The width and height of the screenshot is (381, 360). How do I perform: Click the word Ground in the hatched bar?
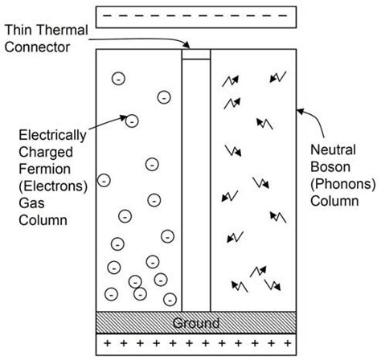click(196, 323)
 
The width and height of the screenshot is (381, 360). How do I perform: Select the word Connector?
click(37, 47)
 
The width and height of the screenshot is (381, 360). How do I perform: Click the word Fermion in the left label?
click(45, 169)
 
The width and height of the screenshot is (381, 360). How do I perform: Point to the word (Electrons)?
click(53, 186)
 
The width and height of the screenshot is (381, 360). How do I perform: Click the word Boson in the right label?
click(330, 167)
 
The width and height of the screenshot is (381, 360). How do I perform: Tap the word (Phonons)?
click(343, 184)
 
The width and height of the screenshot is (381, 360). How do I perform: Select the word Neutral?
click(333, 149)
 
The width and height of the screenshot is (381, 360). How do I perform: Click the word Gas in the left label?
click(31, 203)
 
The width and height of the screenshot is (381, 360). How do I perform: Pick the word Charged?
click(46, 152)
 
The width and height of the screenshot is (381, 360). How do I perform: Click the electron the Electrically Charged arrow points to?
click(132, 121)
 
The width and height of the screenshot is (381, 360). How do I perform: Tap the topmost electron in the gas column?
click(118, 79)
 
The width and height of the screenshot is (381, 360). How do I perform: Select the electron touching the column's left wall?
click(104, 180)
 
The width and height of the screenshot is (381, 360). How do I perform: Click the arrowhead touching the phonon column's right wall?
click(301, 111)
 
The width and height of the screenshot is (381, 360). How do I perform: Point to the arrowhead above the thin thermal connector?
click(186, 45)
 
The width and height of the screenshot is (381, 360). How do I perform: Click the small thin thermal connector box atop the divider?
click(196, 54)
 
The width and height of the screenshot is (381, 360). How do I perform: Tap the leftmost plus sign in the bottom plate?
click(107, 343)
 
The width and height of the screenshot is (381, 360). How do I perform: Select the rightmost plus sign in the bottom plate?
click(288, 343)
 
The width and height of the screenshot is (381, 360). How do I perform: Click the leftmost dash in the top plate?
click(107, 16)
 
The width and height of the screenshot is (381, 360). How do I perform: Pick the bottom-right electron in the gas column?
click(170, 299)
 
